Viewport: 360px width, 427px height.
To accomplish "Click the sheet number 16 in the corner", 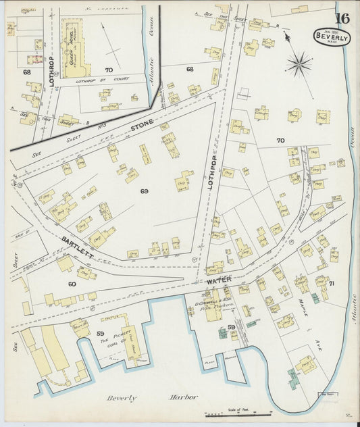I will click(341, 18).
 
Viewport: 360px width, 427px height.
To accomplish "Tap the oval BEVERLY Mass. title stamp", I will click(332, 37).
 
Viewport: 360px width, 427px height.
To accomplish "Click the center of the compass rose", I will click(298, 64).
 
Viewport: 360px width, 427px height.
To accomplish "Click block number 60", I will click(72, 284).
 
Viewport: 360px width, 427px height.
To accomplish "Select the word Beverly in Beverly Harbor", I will click(122, 398).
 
